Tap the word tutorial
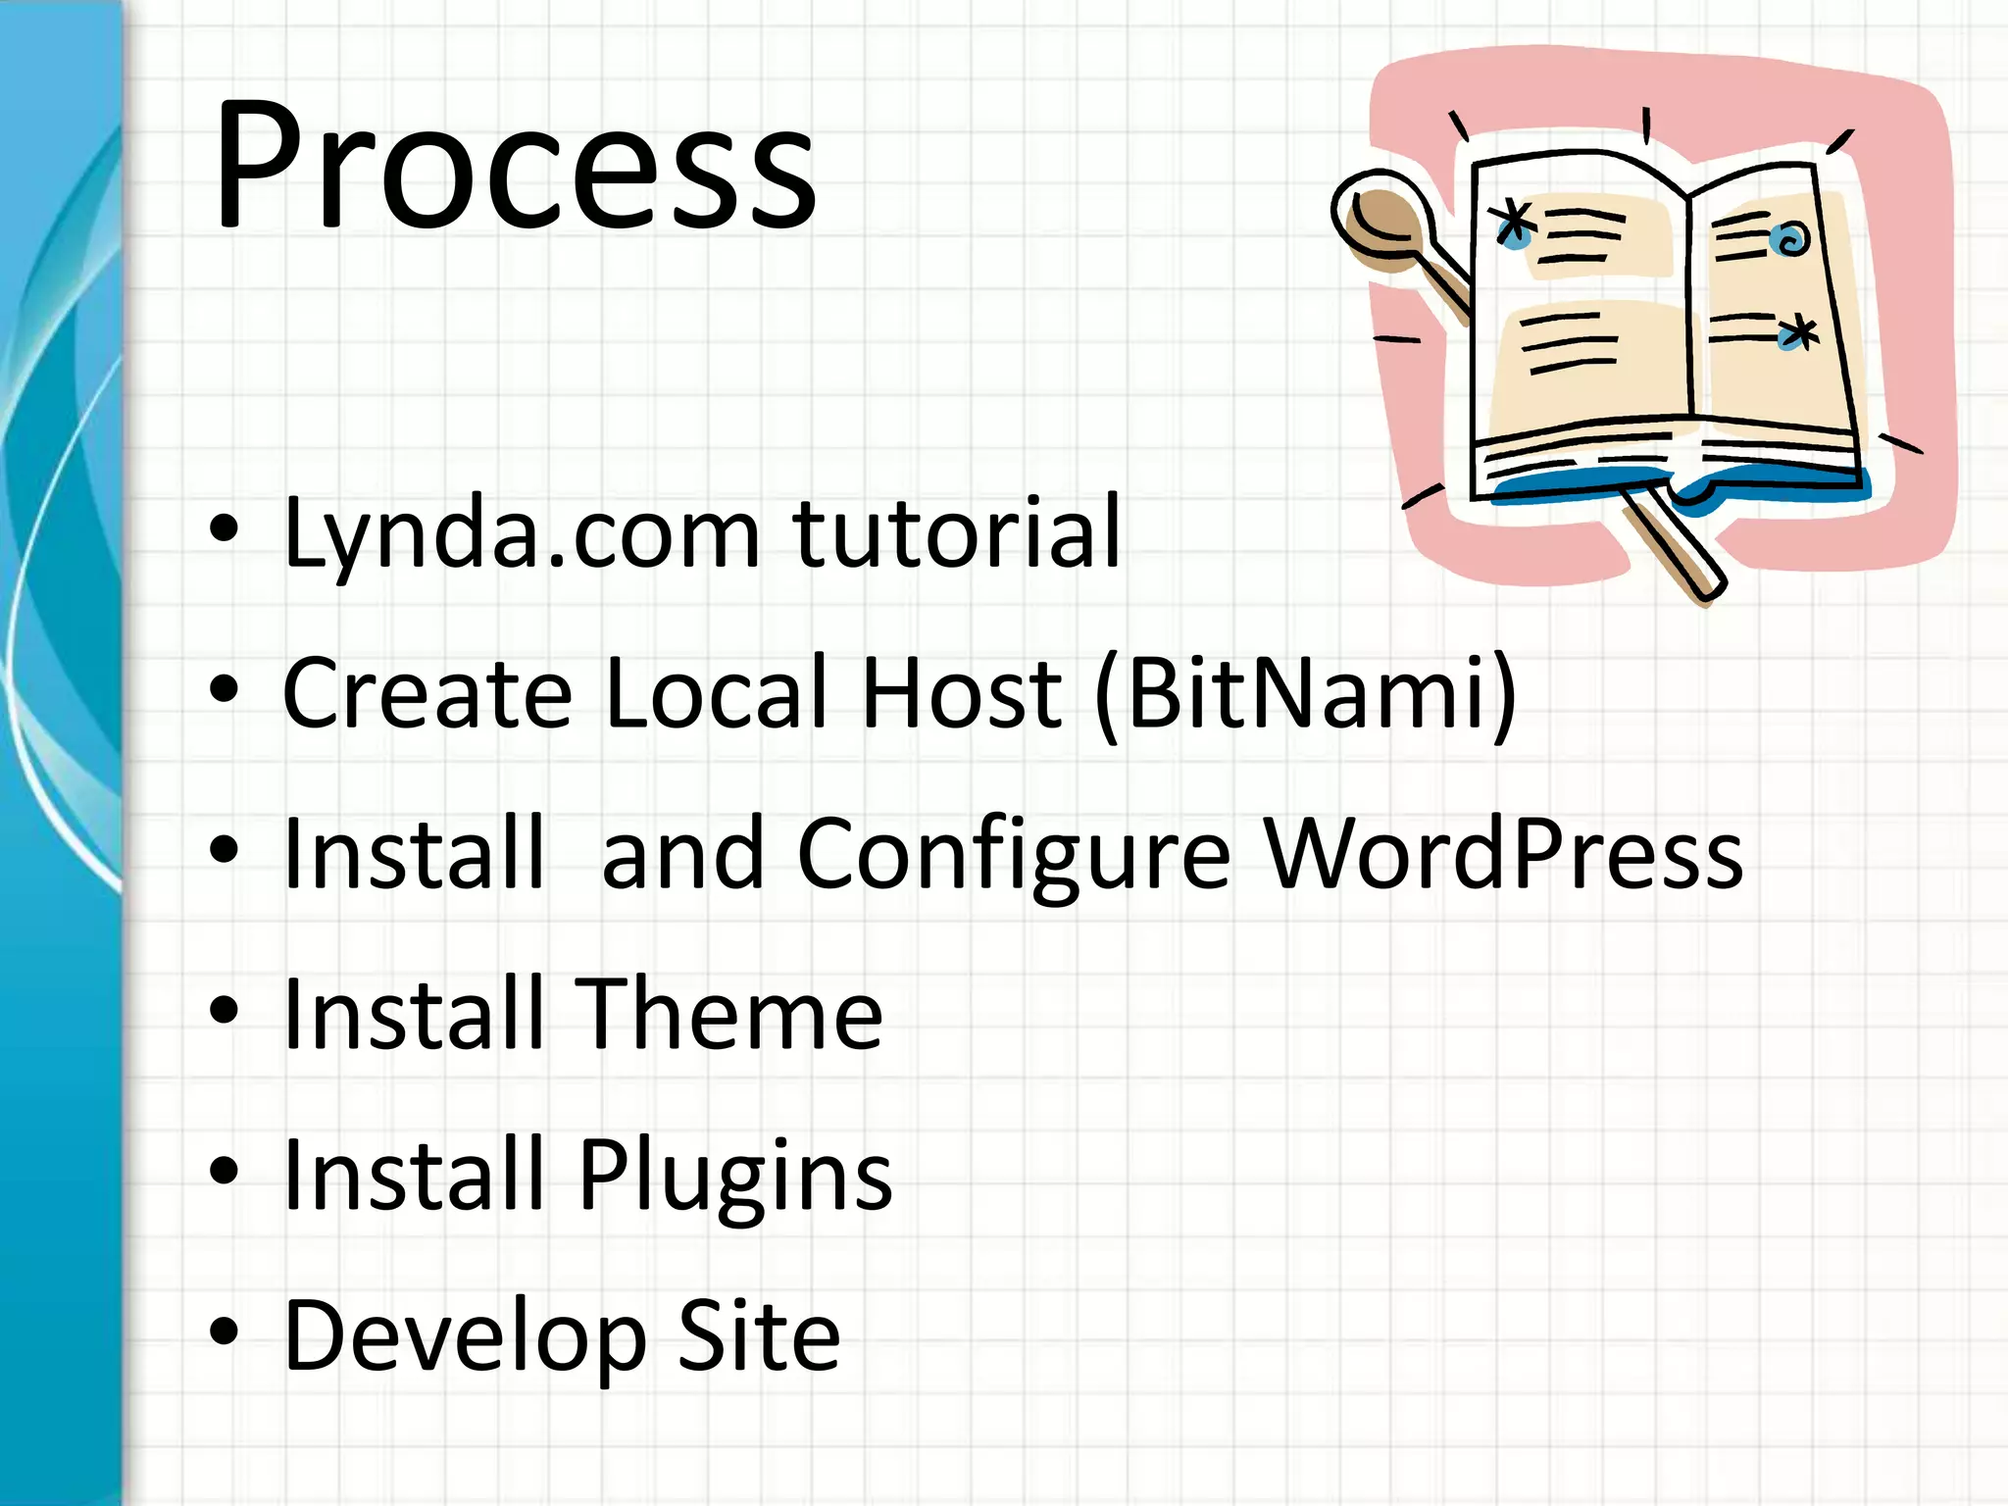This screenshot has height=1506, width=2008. (x=957, y=532)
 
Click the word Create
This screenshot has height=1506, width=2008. (x=427, y=693)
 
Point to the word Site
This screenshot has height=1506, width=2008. (x=759, y=1334)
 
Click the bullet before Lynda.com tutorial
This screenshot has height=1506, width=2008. (x=225, y=529)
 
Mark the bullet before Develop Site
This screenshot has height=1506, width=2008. (x=225, y=1330)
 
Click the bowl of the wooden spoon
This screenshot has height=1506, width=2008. (x=1381, y=221)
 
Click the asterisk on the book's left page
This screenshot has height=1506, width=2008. (x=1516, y=224)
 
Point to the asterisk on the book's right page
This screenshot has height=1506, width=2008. (x=1799, y=334)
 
